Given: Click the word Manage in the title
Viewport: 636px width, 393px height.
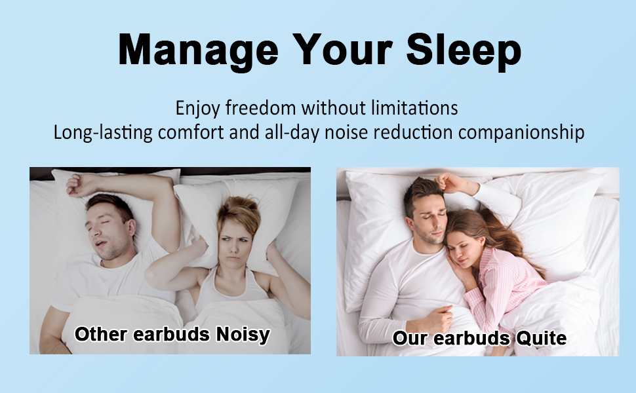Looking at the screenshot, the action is [199, 50].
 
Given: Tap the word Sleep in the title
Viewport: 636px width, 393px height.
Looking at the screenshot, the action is [464, 50].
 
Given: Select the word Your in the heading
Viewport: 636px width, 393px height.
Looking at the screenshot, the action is [342, 49].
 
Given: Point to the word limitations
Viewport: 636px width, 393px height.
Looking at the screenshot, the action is [414, 108].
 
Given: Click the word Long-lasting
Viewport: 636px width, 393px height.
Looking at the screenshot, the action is [103, 133].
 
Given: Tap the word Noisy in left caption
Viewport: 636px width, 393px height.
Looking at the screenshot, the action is [243, 335].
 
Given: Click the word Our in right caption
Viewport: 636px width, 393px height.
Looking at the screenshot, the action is [410, 338].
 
